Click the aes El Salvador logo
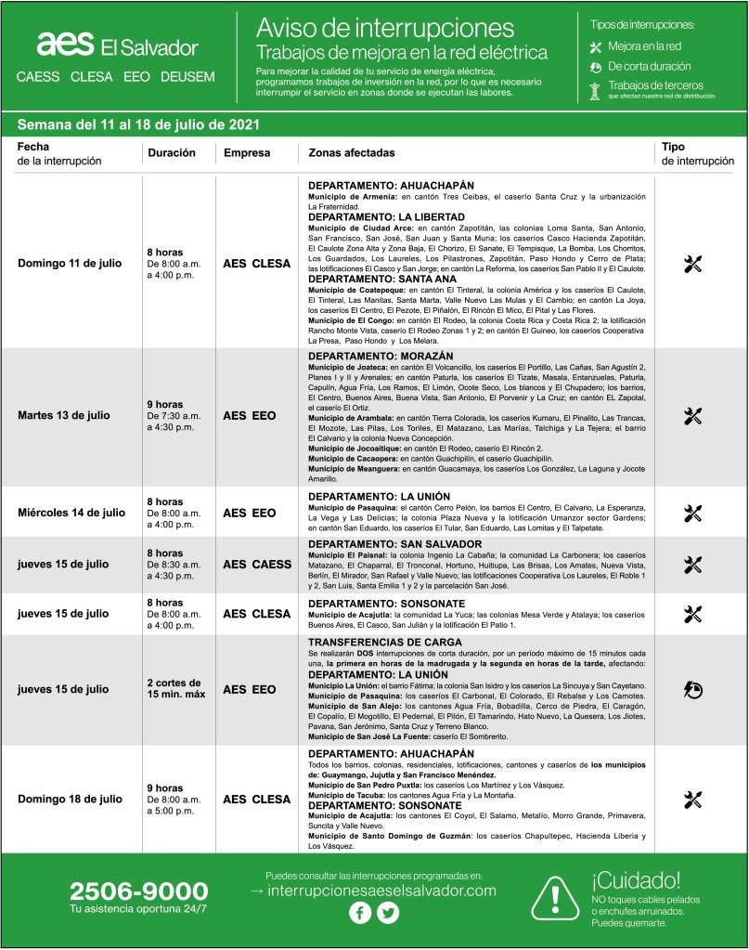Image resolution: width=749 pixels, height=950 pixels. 117,46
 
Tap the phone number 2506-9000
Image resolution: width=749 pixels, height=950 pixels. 138,891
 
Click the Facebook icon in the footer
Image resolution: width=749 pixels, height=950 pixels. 360,913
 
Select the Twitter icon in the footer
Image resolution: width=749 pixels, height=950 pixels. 388,913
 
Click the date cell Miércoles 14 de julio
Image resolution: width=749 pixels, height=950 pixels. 71,513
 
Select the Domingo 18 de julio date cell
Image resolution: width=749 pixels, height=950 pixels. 70,799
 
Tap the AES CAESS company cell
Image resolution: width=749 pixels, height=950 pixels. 257,564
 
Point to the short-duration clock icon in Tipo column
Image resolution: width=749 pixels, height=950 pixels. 692,689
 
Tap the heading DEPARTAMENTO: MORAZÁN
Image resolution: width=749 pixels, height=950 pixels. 381,356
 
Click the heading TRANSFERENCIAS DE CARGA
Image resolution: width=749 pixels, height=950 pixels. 386,643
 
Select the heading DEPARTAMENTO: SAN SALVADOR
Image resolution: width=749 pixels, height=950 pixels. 394,543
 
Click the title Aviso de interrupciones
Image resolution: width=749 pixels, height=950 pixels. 384,28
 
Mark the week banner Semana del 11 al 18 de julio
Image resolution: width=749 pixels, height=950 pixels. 137,124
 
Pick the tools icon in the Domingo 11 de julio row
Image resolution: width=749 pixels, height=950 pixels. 692,264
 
